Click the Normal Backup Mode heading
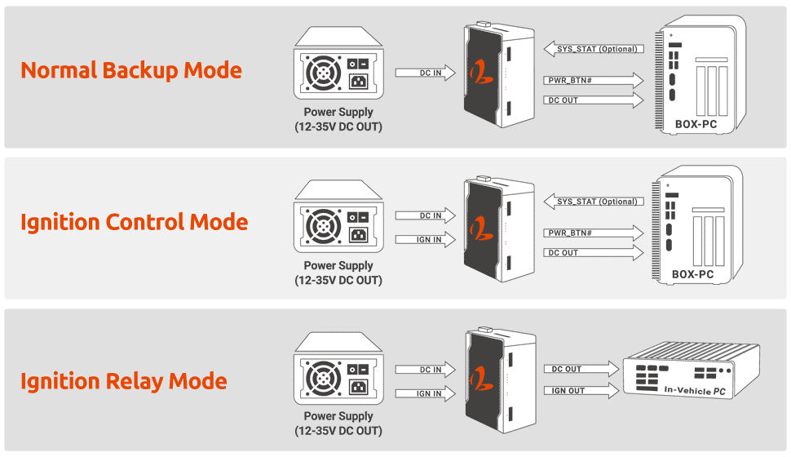tap(131, 70)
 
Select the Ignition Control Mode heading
tap(135, 222)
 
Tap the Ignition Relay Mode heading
tap(124, 381)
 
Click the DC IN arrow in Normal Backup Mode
tap(424, 73)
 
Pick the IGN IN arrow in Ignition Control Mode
tap(424, 240)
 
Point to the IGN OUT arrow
tap(575, 391)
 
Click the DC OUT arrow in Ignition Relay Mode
tap(575, 370)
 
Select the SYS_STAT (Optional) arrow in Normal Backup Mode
tap(594, 49)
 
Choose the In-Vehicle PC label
tap(695, 391)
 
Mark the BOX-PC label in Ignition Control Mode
tap(692, 274)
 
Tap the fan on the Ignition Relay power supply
tap(323, 380)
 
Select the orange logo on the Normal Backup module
tap(479, 73)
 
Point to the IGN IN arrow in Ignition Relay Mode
tap(424, 393)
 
